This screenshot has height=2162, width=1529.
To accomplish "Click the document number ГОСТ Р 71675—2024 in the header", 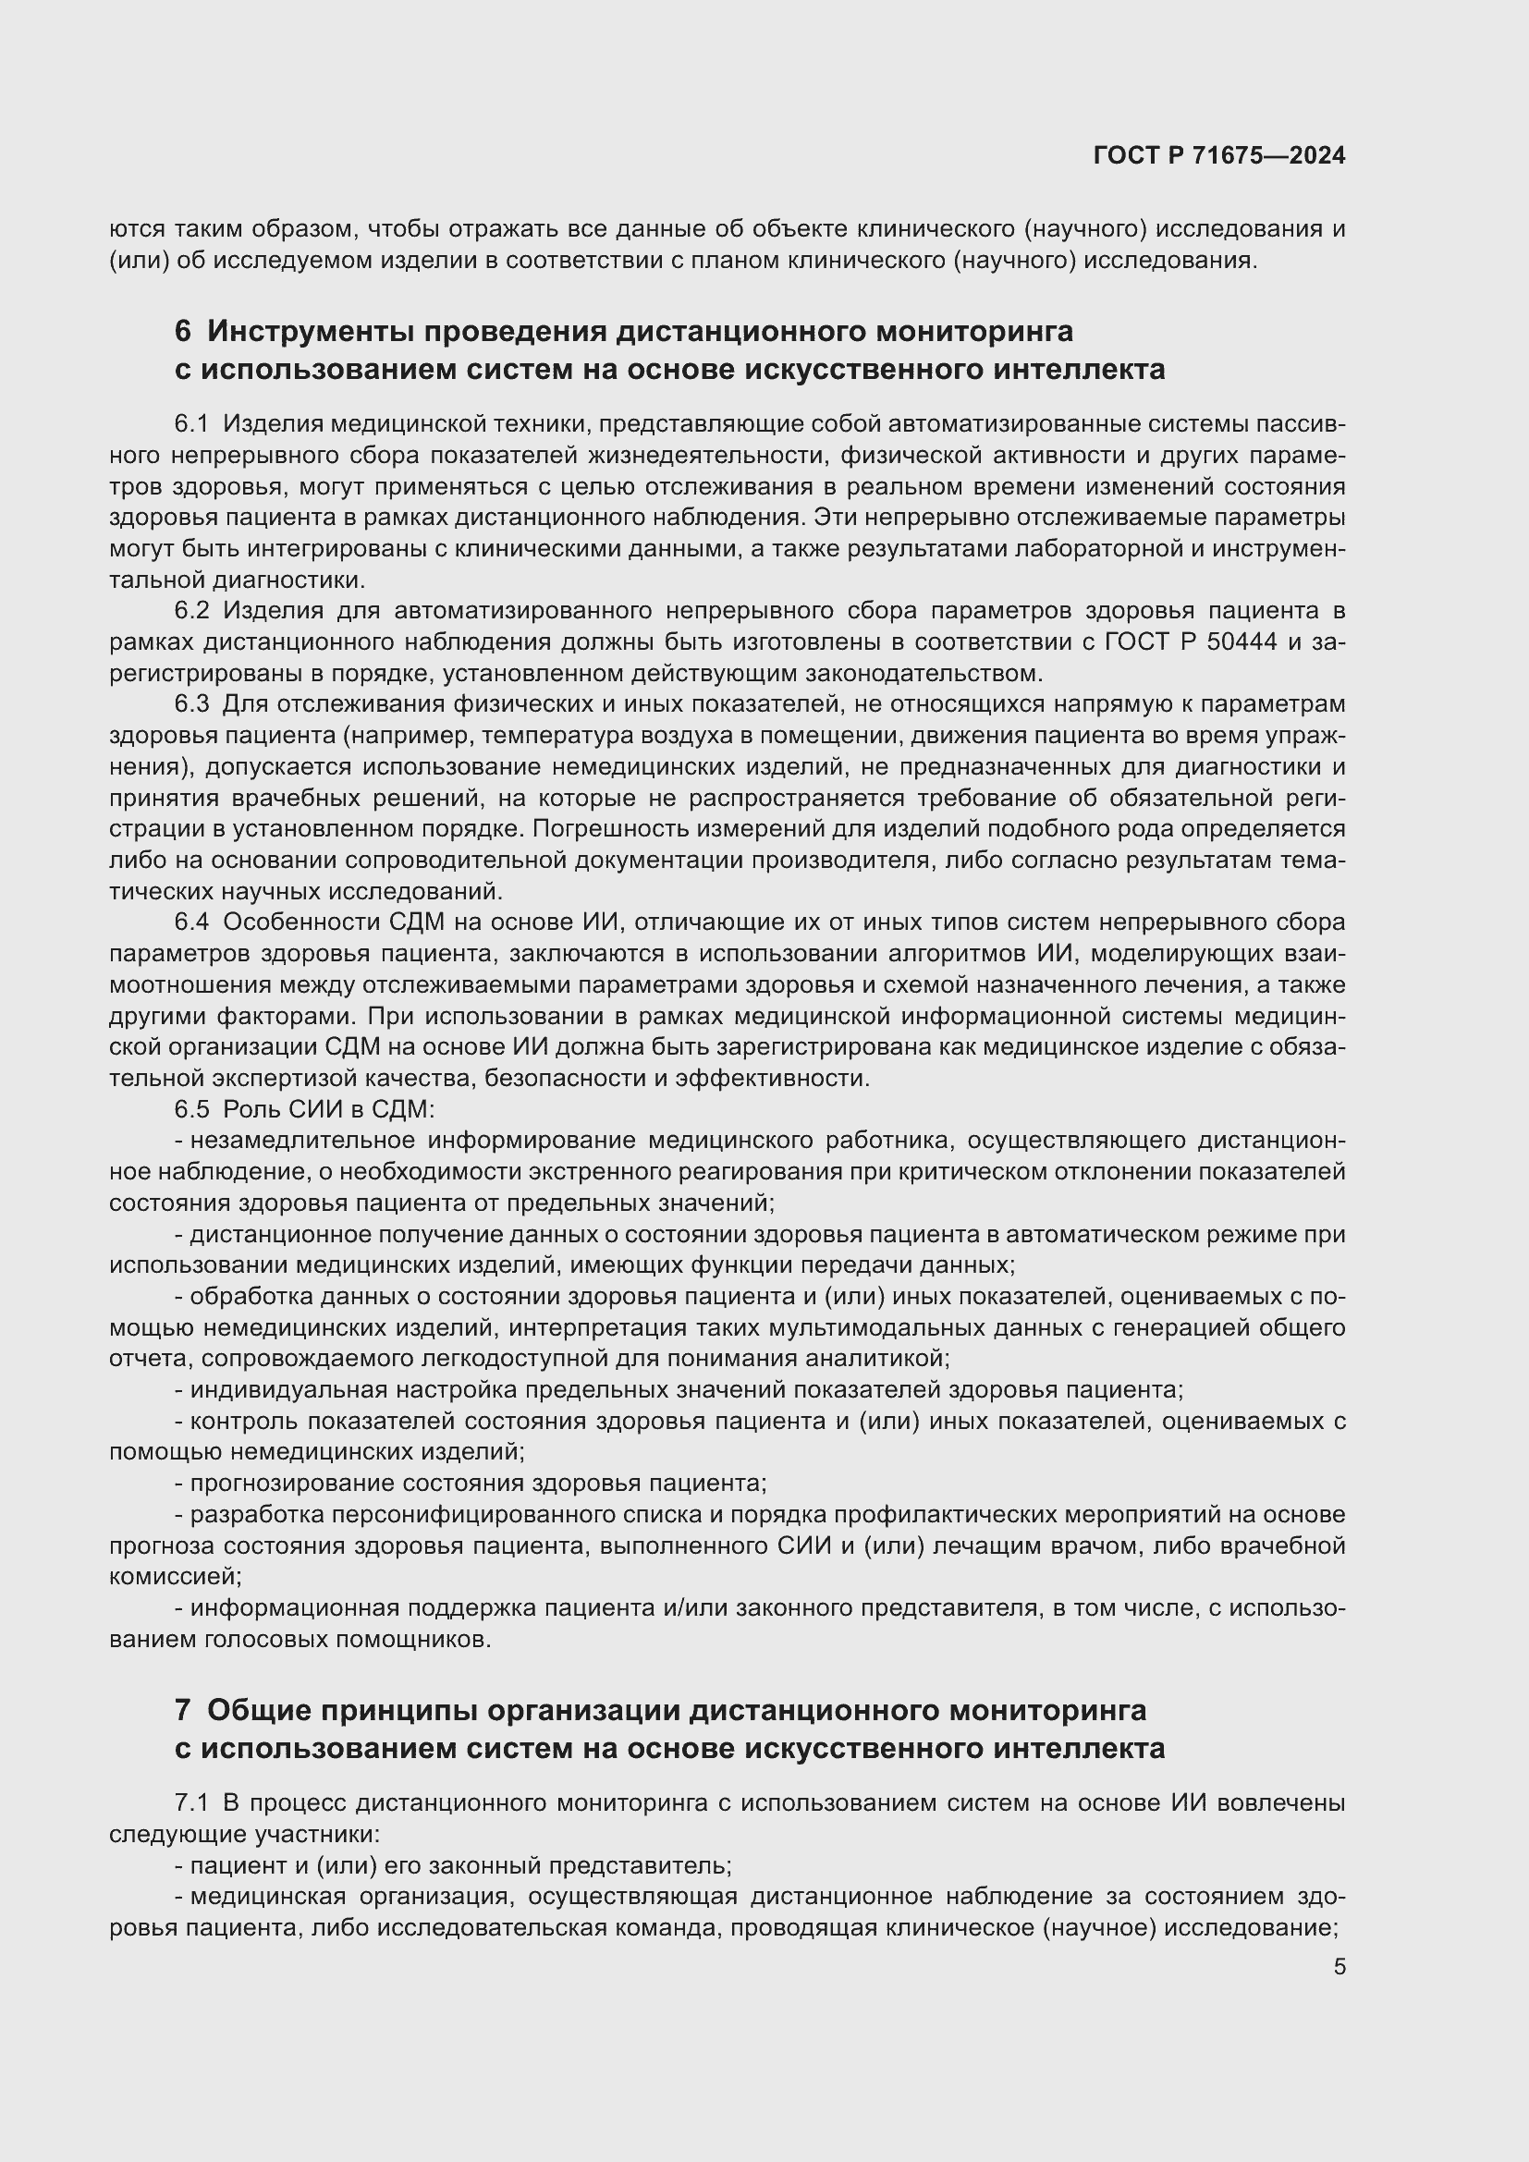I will click(1219, 155).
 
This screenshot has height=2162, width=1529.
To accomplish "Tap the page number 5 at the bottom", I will click(1339, 1966).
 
